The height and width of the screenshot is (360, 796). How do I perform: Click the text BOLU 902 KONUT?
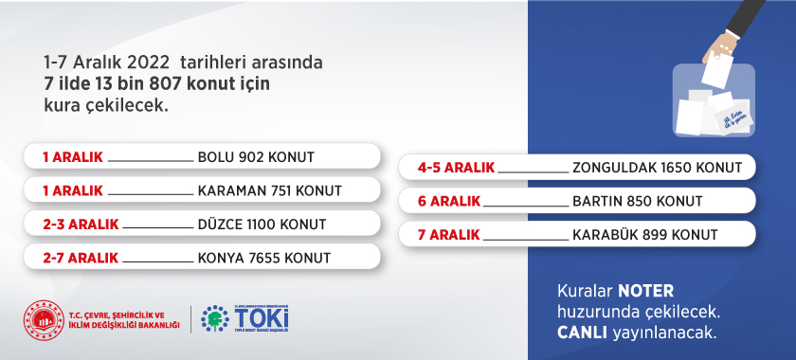(x=256, y=156)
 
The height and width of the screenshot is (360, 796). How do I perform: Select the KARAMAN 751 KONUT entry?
(x=269, y=190)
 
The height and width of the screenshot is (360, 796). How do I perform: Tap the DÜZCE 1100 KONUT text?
(x=262, y=225)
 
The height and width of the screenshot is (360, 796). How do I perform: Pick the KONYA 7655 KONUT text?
(x=263, y=258)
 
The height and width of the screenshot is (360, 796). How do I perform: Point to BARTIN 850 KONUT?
(x=637, y=201)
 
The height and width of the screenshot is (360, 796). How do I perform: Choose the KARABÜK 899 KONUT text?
(x=644, y=235)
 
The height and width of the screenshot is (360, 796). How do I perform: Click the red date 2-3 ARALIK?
(x=81, y=225)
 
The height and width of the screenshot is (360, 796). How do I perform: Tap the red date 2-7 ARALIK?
(x=81, y=258)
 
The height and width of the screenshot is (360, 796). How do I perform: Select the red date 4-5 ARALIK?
(x=456, y=168)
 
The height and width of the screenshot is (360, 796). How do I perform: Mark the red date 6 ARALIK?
(x=449, y=201)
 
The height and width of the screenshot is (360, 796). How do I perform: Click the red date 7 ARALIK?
(x=449, y=235)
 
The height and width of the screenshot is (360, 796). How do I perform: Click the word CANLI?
(x=582, y=333)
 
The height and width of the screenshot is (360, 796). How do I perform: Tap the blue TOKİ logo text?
(x=261, y=316)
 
